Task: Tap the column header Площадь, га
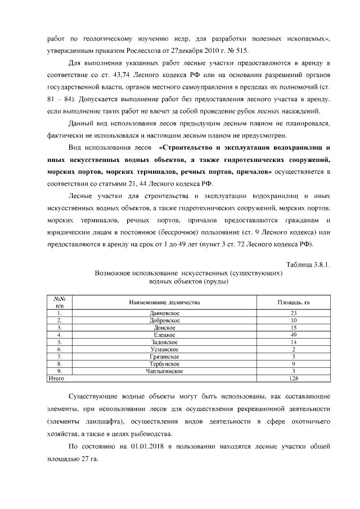pos(293,302)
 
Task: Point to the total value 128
pos(293,379)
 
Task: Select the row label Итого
pos(56,379)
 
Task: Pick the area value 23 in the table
pos(293,313)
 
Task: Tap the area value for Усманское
pos(293,349)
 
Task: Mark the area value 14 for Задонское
pos(293,342)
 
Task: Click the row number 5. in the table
pos(59,342)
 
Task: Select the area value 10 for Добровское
pos(293,320)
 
